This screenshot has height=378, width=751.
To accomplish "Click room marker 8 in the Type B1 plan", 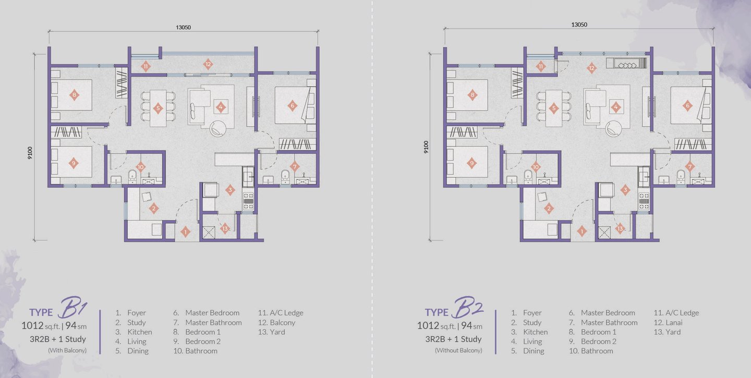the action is click(x=74, y=95).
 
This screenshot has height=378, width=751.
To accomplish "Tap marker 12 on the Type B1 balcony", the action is click(x=208, y=64).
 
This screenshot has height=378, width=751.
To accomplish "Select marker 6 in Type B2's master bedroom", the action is click(x=687, y=105).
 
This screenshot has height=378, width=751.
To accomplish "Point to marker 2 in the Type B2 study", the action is click(x=549, y=209).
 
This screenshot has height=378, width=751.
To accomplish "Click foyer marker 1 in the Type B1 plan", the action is click(x=185, y=231).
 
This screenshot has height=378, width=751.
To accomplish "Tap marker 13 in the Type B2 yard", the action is click(x=620, y=228).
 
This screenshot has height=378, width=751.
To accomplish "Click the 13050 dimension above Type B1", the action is click(x=184, y=27).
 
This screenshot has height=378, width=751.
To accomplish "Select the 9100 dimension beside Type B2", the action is click(x=426, y=147).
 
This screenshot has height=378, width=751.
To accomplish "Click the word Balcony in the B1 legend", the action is click(x=282, y=322).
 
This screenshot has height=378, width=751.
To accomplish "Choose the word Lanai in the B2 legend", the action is click(x=674, y=322).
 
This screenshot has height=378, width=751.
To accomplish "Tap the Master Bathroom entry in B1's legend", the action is click(x=213, y=322).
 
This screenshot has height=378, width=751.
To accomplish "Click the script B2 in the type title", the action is click(x=467, y=307).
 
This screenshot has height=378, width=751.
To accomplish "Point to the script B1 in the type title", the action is click(x=73, y=307).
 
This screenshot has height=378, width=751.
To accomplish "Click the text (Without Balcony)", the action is click(x=458, y=350).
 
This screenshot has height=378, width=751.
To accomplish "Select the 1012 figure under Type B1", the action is click(x=32, y=325).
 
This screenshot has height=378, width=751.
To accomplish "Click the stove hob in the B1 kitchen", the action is click(x=248, y=201).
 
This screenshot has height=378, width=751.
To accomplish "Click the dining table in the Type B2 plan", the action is click(x=553, y=108).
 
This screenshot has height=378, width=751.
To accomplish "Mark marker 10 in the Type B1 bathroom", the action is click(x=140, y=167).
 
